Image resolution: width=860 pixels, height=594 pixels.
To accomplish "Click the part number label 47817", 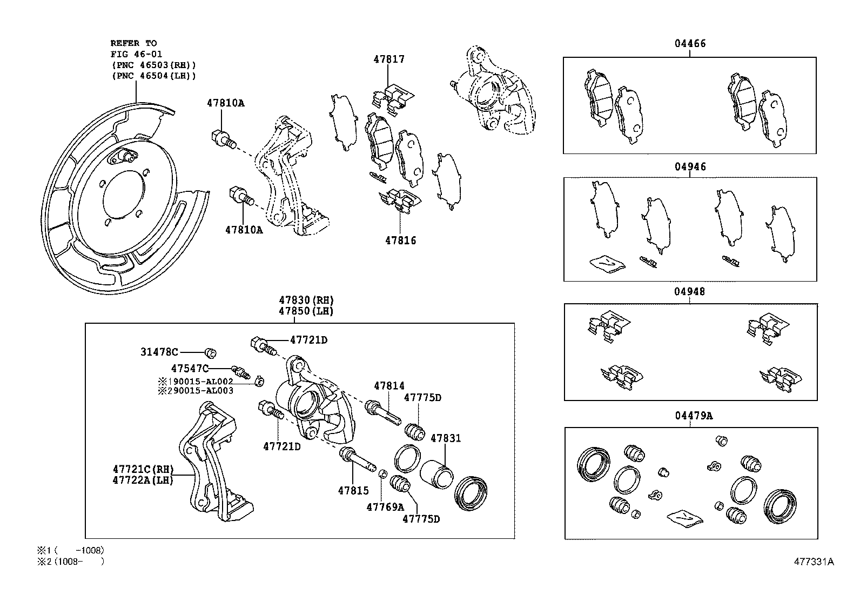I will pos(388,59).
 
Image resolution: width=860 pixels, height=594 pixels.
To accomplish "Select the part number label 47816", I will pos(400,241).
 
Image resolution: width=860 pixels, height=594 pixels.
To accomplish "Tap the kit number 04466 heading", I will pos(689,44).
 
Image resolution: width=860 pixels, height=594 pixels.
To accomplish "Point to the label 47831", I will pos(445,438).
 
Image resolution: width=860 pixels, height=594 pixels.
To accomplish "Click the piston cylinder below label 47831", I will pos(436,474).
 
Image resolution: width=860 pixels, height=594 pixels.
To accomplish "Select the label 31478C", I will pos(159,352).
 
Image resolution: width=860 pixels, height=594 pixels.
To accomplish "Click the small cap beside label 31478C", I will pos(211,353).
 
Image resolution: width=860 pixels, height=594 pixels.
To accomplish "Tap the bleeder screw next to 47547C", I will pos(241,372).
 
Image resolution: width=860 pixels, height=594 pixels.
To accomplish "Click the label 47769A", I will pos(385,507).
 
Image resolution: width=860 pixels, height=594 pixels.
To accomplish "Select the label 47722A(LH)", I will pos(143,479).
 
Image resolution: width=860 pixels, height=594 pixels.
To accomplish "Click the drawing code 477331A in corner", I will pos(814,562).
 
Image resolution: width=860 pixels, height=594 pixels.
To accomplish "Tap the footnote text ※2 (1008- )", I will pos(70,562).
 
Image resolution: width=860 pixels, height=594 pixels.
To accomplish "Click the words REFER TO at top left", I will pos(133,43).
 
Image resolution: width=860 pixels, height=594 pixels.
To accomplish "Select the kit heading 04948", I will pos(689,292).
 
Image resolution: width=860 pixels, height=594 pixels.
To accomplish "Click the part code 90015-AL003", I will pos(201,390).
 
